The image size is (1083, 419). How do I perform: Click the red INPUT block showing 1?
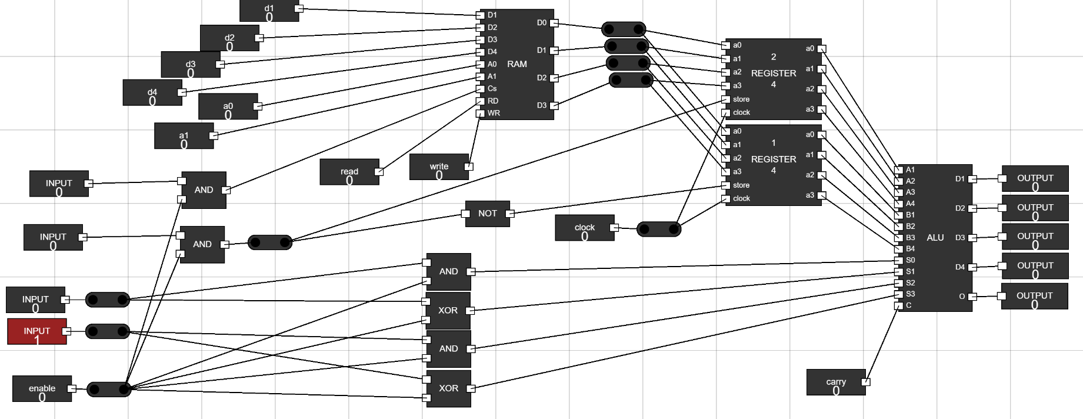pos(36,331)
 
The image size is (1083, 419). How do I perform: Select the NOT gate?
pos(487,214)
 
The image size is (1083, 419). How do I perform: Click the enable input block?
pos(42,389)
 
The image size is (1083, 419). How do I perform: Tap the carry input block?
pos(835,383)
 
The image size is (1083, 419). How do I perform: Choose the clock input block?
pos(584,228)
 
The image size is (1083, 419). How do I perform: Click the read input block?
pos(349,172)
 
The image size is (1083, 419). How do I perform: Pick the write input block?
pos(439,167)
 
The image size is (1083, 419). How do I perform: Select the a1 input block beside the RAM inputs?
pos(184,136)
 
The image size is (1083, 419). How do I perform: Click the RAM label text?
pos(516,64)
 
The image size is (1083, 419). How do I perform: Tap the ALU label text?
pos(935,238)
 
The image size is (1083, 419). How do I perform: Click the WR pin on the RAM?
pos(481,113)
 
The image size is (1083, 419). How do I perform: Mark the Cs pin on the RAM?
pos(481,89)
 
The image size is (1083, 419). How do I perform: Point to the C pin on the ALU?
pos(898,305)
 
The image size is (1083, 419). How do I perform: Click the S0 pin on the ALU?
pos(898,260)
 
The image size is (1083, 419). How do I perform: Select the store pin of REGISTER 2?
pos(726,99)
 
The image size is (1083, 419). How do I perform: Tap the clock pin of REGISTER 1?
pos(726,199)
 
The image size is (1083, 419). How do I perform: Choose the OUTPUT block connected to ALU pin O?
pos(1034,297)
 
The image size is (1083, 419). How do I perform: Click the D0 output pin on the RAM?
pos(554,23)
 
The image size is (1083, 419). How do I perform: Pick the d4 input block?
pos(152,93)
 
